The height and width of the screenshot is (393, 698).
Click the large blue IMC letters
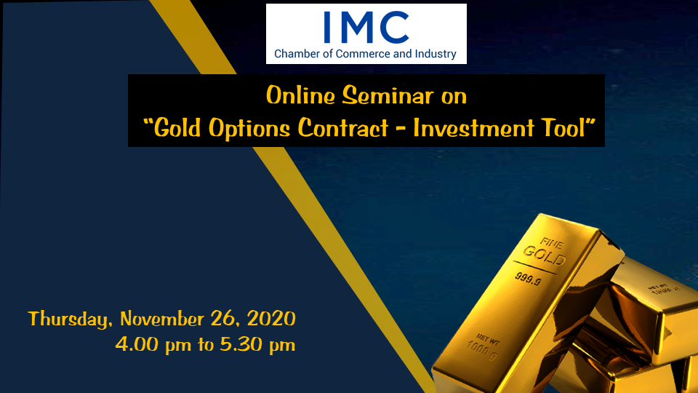click(x=366, y=27)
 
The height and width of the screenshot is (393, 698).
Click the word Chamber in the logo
click(x=297, y=54)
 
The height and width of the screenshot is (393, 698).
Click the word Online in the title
click(x=300, y=95)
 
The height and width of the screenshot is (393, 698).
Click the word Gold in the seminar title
click(x=177, y=128)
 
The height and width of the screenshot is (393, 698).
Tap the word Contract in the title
click(x=343, y=128)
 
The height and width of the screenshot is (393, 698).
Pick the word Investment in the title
click(x=473, y=128)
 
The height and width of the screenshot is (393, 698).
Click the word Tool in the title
click(x=563, y=128)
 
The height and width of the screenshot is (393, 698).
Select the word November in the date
click(x=162, y=319)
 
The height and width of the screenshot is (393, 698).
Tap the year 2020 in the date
click(x=271, y=319)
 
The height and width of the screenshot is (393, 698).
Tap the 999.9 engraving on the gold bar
click(x=528, y=279)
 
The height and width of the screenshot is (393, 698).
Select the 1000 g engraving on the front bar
click(x=481, y=350)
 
